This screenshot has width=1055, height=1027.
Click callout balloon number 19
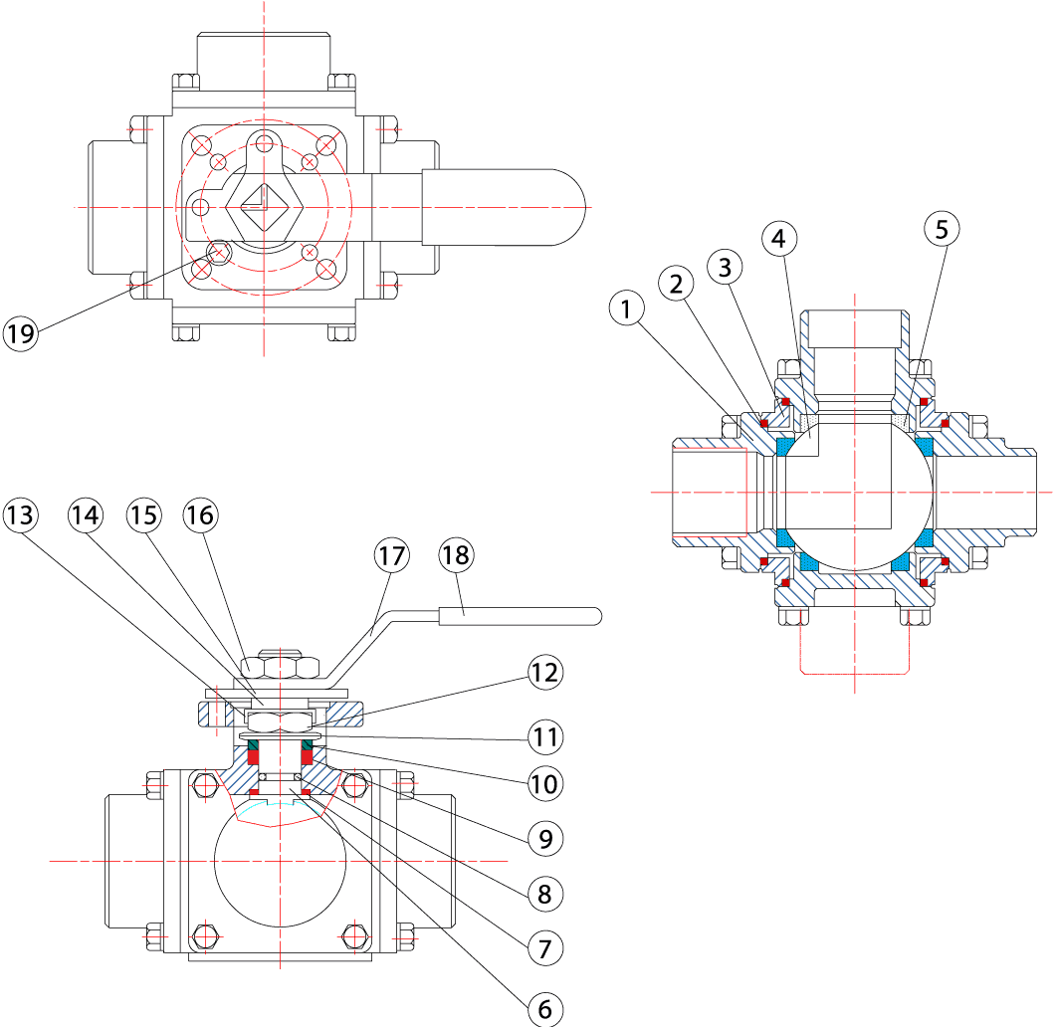point(19,333)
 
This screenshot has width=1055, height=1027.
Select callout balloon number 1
point(626,310)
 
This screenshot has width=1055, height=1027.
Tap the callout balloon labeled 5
point(942,229)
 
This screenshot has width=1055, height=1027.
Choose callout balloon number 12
point(544,674)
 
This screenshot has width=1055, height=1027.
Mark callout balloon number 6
point(544,1009)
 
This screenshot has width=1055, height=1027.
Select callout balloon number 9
point(544,838)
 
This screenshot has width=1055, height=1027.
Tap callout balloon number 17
point(392,555)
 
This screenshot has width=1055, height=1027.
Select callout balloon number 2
point(677,285)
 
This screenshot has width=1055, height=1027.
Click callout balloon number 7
point(544,946)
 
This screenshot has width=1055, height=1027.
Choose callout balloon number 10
point(544,783)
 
